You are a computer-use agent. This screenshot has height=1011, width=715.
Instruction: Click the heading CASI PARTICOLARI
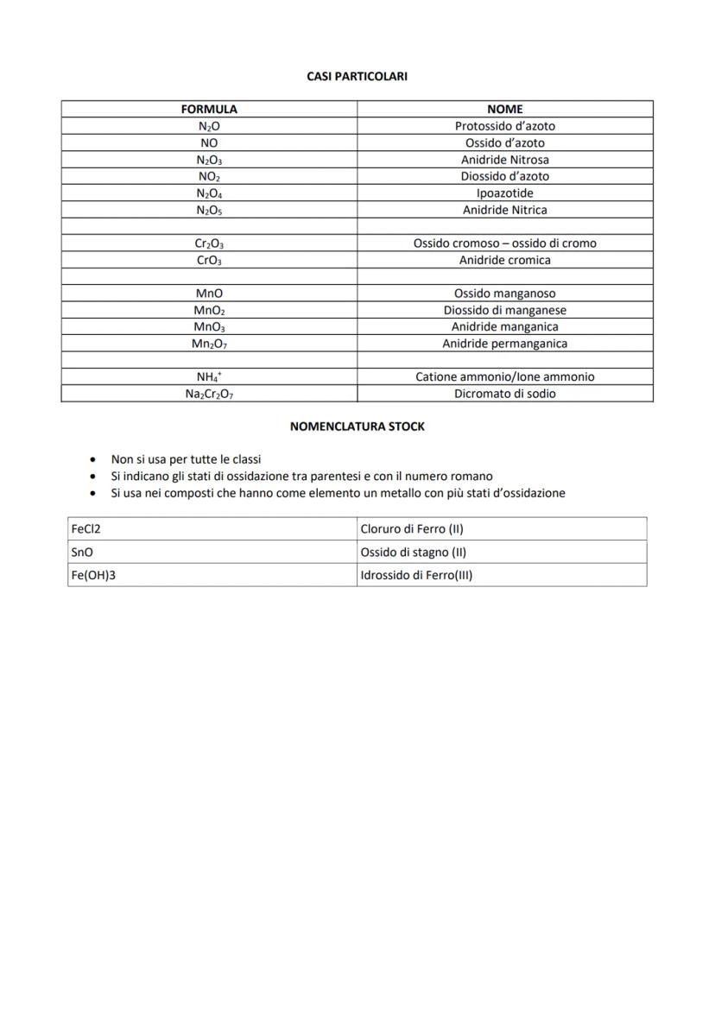[x=357, y=77]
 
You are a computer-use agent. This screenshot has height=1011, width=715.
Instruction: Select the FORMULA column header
[x=209, y=110]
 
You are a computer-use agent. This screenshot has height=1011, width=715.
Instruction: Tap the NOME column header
[x=505, y=110]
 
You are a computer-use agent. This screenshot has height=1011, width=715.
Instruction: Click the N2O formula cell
[x=209, y=126]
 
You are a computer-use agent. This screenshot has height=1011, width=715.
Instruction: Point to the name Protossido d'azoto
[x=505, y=126]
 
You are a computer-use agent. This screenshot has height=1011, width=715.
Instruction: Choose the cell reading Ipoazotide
[x=505, y=193]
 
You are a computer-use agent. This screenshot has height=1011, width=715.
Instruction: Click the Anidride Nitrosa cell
[x=505, y=160]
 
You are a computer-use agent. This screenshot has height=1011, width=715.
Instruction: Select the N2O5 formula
[x=209, y=210]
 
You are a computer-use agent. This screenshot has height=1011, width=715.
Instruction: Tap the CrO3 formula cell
[x=209, y=260]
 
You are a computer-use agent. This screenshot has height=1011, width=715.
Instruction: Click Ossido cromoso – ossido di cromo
[x=505, y=243]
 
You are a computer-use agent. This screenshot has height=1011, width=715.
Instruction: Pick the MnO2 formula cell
[x=209, y=310]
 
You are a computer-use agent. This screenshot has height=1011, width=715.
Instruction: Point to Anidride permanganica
[x=505, y=344]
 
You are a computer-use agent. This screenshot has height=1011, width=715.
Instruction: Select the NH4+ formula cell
[x=209, y=377]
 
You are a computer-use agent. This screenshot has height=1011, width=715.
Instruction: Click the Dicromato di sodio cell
[x=505, y=394]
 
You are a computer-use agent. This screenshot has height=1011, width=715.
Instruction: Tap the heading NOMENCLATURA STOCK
[x=357, y=427]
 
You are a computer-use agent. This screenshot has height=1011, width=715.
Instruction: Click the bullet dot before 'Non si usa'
[x=92, y=460]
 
